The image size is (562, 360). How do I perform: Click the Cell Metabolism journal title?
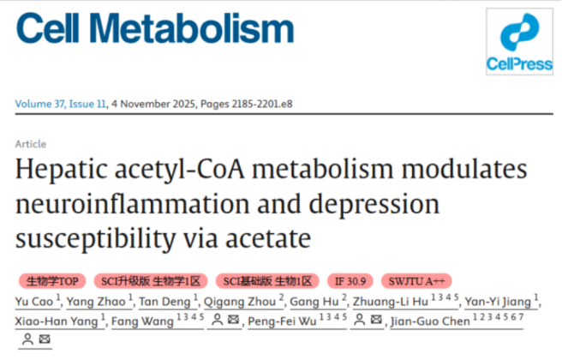pos(155,28)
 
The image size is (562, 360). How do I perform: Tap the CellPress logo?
pos(519,42)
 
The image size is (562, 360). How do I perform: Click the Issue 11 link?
pos(87,104)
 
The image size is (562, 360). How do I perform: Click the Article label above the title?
pos(31,144)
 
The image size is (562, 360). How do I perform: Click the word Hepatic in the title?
pos(62,170)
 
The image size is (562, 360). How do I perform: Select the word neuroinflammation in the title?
pos(132,204)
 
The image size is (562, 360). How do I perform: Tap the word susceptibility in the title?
pos(96,239)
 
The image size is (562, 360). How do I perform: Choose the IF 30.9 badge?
pos(350,281)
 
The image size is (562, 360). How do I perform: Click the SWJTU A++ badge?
pos(416,281)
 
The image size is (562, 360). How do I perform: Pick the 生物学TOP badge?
pos(52,281)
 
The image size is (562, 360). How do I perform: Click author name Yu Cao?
pos(34,302)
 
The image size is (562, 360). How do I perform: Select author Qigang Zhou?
pos(240,302)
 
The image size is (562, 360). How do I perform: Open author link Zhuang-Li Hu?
pos(391,302)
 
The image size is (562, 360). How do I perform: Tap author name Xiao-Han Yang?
pos(57,321)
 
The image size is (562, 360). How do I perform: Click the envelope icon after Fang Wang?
pos(233,319)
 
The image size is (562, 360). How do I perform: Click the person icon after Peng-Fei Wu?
pos(360,320)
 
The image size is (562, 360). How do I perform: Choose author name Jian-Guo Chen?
pos(430,321)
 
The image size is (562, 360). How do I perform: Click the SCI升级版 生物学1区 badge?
pos(151,281)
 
